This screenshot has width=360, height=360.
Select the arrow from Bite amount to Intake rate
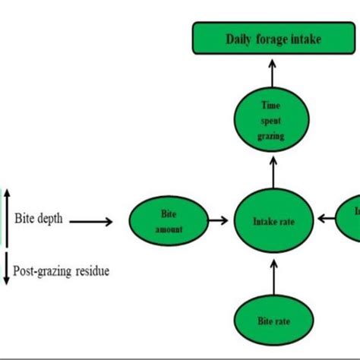point(218,222)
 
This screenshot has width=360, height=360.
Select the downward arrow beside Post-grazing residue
point(7,270)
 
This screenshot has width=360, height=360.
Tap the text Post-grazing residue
point(61,270)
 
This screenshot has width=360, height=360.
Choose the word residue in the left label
point(92,270)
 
